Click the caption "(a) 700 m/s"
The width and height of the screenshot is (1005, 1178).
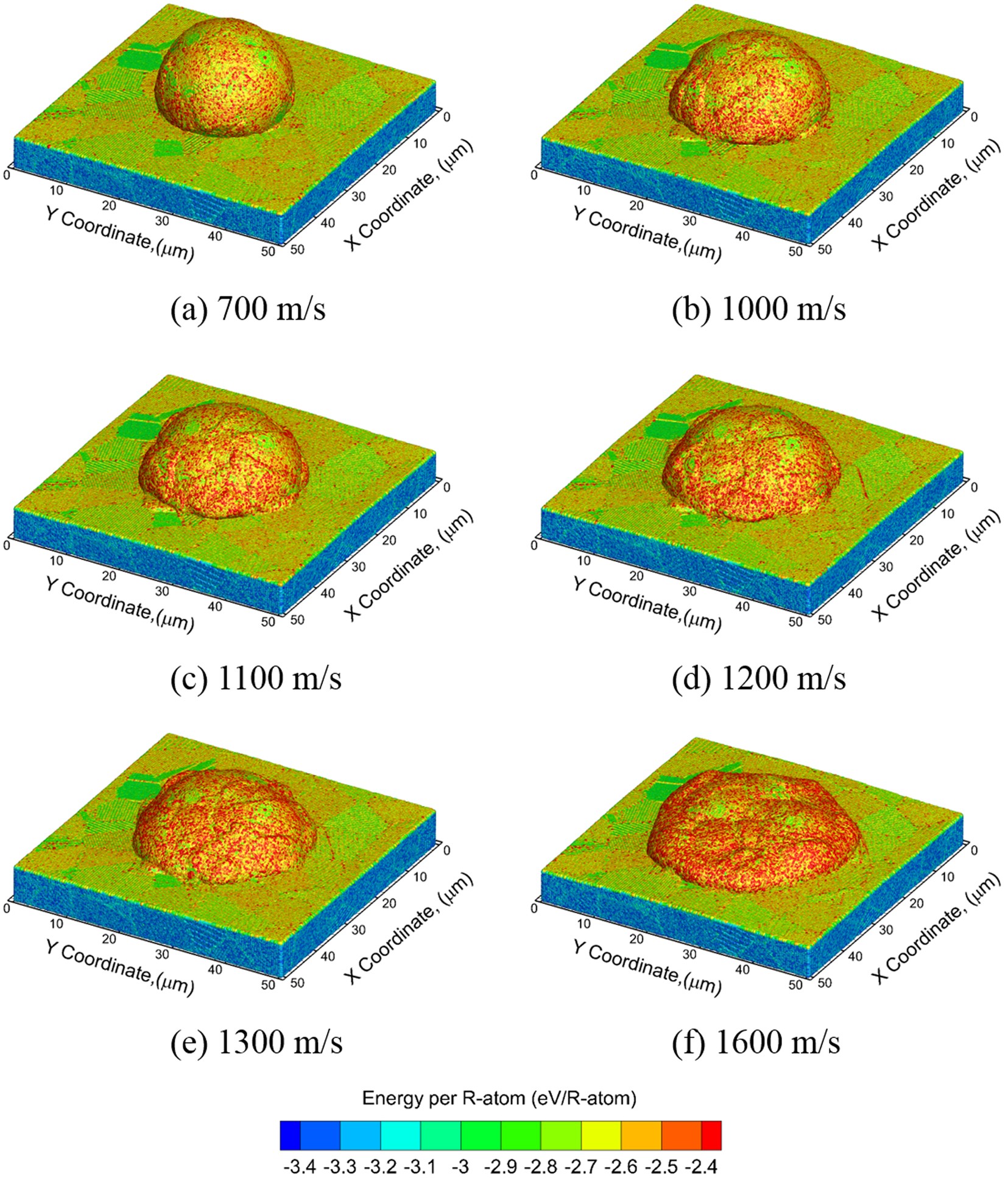[x=248, y=309]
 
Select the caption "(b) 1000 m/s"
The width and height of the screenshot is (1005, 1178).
[x=759, y=309]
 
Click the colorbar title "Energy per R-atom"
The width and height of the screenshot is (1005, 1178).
[x=499, y=1098]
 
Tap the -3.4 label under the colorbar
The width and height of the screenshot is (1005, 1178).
[x=300, y=1167]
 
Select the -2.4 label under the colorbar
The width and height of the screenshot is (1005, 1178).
[x=701, y=1167]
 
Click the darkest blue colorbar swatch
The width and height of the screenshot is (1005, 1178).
[x=290, y=1135]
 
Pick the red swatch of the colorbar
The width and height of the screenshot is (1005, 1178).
[x=711, y=1135]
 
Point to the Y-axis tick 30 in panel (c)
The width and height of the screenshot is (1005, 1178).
[x=162, y=591]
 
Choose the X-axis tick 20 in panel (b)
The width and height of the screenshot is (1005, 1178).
[x=917, y=170]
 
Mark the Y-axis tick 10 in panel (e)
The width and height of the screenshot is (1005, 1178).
[x=56, y=924]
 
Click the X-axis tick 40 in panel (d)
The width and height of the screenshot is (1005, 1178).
[x=855, y=593]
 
